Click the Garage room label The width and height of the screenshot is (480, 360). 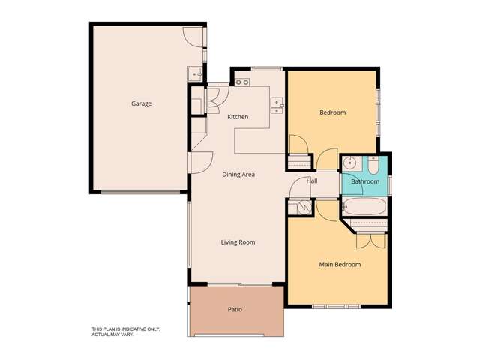141,103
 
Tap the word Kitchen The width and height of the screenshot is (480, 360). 238,117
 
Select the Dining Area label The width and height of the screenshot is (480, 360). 238,175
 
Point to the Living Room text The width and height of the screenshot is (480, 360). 238,242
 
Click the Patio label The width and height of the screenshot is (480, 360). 235,309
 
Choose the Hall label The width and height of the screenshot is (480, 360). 312,181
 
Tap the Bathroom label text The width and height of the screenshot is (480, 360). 365,181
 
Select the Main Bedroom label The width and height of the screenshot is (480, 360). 340,264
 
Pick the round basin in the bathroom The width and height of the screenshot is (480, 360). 349,163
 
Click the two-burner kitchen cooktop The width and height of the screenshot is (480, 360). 241,82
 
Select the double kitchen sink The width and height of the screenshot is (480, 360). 276,106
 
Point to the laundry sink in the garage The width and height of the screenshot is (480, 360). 194,73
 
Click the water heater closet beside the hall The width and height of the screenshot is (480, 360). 303,206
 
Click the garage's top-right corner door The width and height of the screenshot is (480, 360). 194,37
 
